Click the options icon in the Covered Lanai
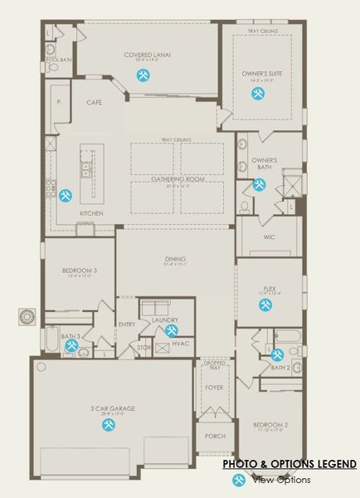(144, 75)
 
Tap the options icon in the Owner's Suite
(259, 95)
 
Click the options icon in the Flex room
(265, 305)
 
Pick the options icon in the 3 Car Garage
(108, 424)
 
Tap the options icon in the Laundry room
(171, 330)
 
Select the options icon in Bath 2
(277, 355)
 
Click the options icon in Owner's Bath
(260, 185)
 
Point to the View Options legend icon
(240, 480)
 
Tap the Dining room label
(175, 258)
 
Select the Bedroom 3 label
(79, 271)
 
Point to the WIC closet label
(269, 237)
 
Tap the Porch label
(214, 436)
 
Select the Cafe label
(94, 102)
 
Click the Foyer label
(214, 387)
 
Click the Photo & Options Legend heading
(289, 464)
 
